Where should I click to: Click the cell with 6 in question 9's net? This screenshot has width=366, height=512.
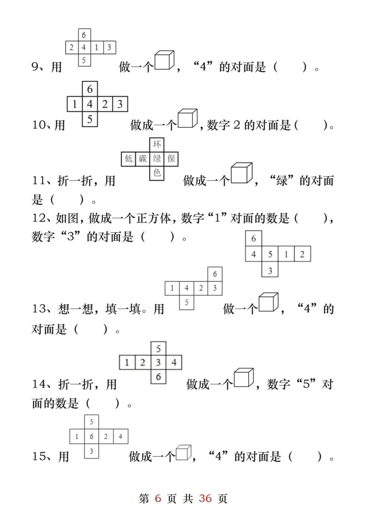84,35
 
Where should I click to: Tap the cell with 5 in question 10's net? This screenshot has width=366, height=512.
90,119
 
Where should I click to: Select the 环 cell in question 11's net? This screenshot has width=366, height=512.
157,145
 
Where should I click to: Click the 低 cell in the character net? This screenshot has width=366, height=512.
128,159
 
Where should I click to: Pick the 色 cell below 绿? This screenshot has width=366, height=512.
157,173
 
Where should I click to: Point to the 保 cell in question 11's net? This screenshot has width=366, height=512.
171,159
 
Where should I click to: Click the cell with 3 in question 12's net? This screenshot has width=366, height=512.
270,271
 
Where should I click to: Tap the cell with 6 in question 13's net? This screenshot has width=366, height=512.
215,274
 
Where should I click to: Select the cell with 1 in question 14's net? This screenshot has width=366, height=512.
127,363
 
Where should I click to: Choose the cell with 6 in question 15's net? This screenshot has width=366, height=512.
91,436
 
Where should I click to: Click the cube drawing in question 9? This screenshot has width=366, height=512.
164,61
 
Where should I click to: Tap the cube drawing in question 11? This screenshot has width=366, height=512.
241,173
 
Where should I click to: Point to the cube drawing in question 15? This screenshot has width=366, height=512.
183,452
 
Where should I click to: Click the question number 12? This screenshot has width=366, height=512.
39,218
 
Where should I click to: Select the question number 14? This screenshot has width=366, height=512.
39,384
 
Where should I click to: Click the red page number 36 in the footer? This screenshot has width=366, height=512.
205,498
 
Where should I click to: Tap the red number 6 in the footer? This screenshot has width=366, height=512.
158,498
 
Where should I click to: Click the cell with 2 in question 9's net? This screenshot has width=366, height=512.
72,47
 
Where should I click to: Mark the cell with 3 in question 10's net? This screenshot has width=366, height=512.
120,104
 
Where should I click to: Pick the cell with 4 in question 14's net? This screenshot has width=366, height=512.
174,363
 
